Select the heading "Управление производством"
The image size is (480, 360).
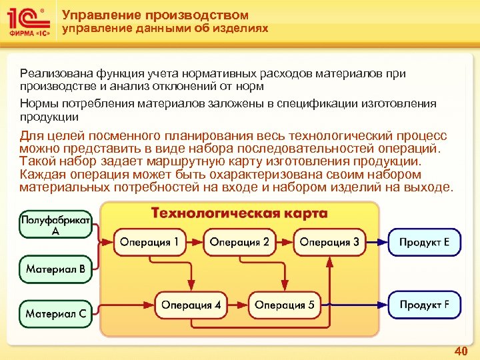click(x=155, y=15)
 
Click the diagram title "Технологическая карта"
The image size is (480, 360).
click(x=239, y=213)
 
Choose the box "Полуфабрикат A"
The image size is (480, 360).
click(x=55, y=225)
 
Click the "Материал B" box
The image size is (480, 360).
click(x=55, y=270)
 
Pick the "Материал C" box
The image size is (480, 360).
click(x=55, y=312)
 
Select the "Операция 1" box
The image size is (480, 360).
click(x=150, y=242)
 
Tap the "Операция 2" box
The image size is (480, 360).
click(x=239, y=242)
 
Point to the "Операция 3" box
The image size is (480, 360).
click(x=329, y=242)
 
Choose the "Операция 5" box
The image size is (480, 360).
click(x=285, y=305)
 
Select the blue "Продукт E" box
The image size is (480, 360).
click(x=424, y=242)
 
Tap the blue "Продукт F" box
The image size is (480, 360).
click(x=424, y=305)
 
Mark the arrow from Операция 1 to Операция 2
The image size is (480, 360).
click(x=195, y=242)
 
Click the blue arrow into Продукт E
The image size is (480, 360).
click(x=377, y=242)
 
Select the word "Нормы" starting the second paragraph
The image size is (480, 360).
click(x=37, y=104)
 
